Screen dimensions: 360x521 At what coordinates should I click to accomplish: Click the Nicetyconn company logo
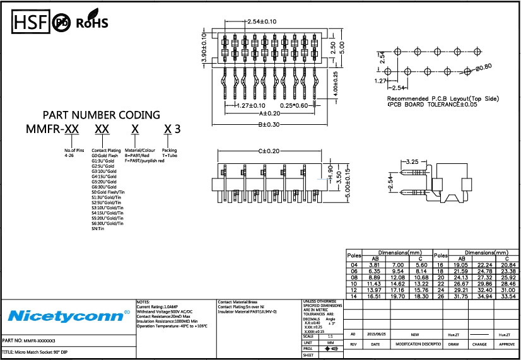pyautogui.click(x=68, y=315)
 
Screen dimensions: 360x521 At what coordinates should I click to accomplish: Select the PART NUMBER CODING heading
pyautogui.click(x=101, y=115)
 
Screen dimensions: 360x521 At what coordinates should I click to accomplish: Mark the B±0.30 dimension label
pyautogui.click(x=269, y=124)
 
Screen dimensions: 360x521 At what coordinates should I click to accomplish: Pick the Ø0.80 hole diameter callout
pyautogui.click(x=484, y=67)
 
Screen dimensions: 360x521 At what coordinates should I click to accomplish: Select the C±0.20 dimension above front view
pyautogui.click(x=268, y=151)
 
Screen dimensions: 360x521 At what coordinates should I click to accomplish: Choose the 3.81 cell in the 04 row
pyautogui.click(x=373, y=265)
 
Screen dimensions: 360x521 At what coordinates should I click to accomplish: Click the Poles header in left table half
pyautogui.click(x=354, y=255)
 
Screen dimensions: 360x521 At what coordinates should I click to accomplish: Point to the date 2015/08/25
pyautogui.click(x=375, y=335)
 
